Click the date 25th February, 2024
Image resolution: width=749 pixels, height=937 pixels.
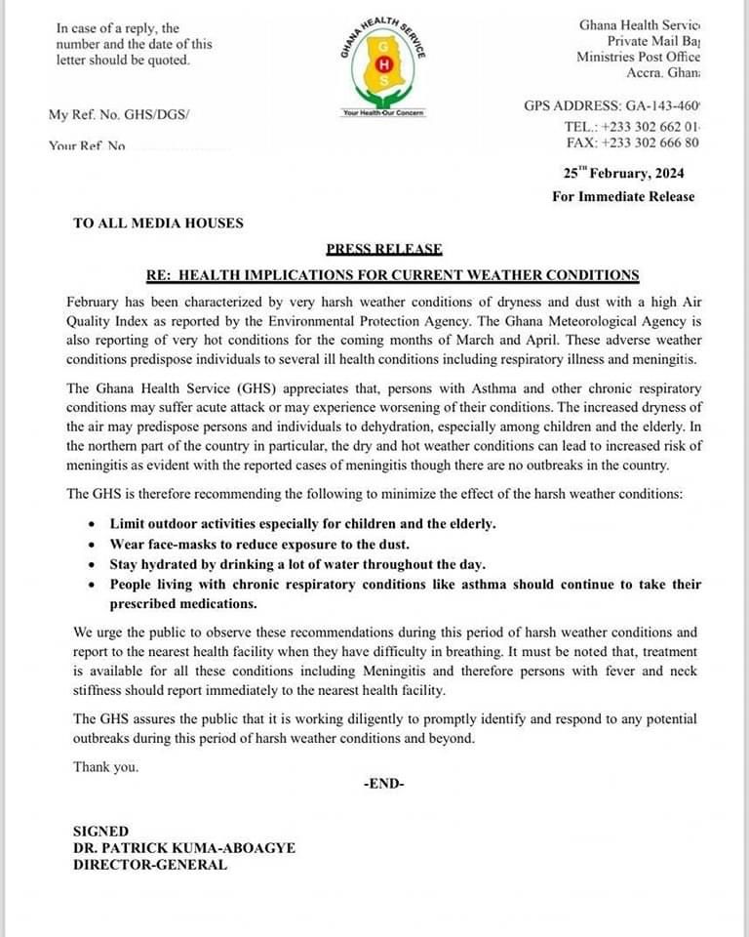(623, 173)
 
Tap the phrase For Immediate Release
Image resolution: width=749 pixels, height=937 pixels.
(623, 196)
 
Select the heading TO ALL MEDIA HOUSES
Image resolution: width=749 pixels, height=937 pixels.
(158, 223)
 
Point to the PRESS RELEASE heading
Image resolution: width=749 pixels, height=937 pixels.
(384, 249)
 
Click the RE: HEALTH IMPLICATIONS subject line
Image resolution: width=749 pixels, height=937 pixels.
(392, 275)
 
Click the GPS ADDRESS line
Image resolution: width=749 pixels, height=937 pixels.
(612, 105)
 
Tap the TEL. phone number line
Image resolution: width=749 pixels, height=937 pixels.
(632, 127)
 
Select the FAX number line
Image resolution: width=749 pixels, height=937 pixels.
(632, 143)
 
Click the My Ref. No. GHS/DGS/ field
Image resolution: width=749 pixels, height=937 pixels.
(120, 115)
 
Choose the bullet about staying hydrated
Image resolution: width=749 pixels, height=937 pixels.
(297, 564)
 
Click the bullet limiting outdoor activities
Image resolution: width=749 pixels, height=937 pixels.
(302, 523)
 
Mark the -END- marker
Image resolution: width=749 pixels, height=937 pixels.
(383, 784)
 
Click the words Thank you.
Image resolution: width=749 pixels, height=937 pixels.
(106, 766)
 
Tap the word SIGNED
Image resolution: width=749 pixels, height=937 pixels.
(100, 832)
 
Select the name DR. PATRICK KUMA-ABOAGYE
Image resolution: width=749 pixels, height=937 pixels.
(184, 848)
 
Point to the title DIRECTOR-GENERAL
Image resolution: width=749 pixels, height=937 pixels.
(150, 864)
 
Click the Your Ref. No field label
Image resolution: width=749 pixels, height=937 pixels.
(88, 145)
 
